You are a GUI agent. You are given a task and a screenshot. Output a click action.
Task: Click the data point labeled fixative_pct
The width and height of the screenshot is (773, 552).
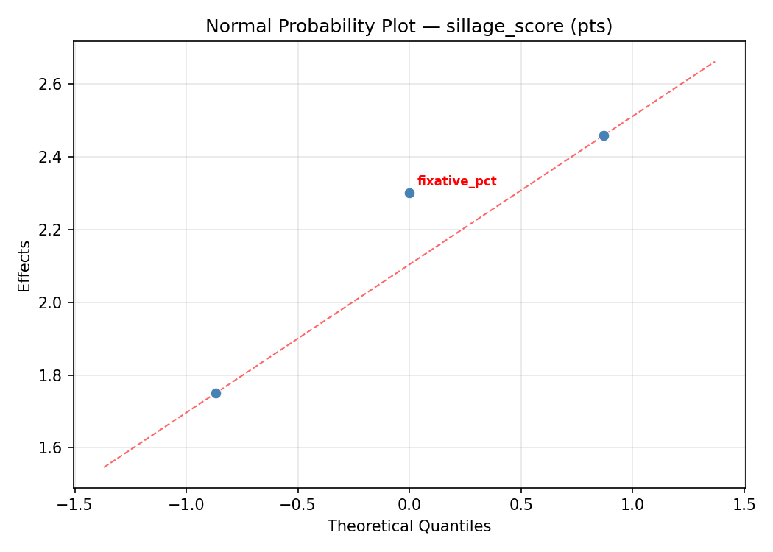coord(409,193)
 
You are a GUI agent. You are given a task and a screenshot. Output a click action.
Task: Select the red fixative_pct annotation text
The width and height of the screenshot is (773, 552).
coord(456,181)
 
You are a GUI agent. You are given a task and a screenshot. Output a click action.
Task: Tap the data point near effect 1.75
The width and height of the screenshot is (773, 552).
coord(216,393)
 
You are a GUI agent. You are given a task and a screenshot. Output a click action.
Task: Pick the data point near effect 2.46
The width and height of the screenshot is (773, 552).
coord(604,135)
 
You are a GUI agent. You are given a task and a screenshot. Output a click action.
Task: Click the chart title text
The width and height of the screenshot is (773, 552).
coord(409,26)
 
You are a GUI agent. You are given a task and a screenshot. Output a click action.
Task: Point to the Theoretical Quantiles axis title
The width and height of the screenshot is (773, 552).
coord(409,526)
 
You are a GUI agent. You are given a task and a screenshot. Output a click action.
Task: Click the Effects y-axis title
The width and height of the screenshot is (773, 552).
coord(25,266)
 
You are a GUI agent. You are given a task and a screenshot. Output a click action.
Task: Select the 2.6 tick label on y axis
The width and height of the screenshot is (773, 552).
coord(52,85)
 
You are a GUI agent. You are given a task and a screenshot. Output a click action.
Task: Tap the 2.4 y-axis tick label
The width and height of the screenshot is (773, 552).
coord(52,158)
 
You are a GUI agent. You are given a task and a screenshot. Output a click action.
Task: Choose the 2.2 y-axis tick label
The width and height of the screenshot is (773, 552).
coord(52,230)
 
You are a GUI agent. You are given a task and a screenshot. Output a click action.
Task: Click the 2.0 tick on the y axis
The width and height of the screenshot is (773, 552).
coord(52,302)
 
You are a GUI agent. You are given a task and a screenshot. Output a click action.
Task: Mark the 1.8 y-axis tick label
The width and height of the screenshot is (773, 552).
coord(52,375)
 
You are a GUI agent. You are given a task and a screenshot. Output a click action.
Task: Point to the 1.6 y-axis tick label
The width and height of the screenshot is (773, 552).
coord(52,448)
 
